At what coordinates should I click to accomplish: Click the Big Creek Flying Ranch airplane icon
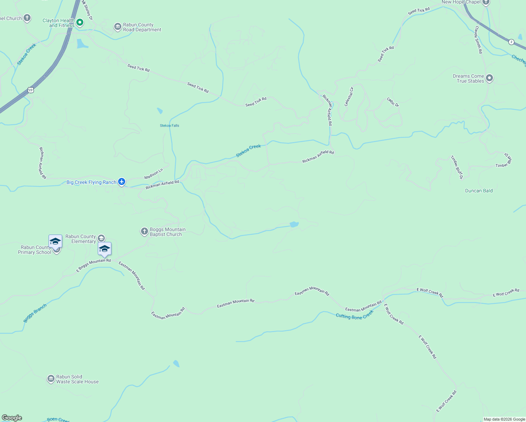pyautogui.click(x=122, y=182)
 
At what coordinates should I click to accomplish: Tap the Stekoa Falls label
pyautogui.click(x=169, y=126)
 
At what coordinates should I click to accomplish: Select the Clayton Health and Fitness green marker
pyautogui.click(x=80, y=23)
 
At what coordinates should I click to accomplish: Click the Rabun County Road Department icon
pyautogui.click(x=117, y=27)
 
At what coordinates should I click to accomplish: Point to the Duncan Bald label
pyautogui.click(x=479, y=191)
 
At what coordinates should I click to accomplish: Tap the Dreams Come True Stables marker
pyautogui.click(x=489, y=78)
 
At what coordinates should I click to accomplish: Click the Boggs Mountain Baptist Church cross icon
pyautogui.click(x=144, y=231)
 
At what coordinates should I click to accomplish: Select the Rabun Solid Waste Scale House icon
pyautogui.click(x=51, y=379)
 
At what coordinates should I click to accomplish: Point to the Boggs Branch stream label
pyautogui.click(x=35, y=313)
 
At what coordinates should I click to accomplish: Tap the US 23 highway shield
pyautogui.click(x=31, y=90)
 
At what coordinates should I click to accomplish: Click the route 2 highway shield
pyautogui.click(x=511, y=42)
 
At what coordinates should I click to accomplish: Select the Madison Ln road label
pyautogui.click(x=154, y=174)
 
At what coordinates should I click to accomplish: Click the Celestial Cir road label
pyautogui.click(x=349, y=97)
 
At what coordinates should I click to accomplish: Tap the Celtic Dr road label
pyautogui.click(x=393, y=102)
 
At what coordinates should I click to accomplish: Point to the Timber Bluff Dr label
pyautogui.click(x=457, y=167)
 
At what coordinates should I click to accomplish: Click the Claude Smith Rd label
pyautogui.click(x=478, y=40)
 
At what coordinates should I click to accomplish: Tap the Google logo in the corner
pyautogui.click(x=12, y=417)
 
